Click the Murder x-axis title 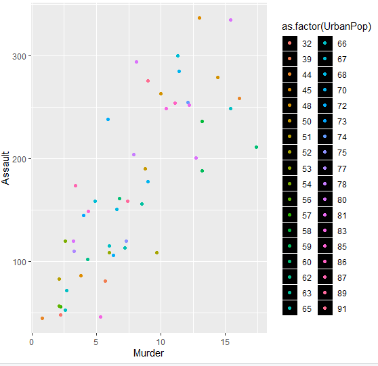(148, 352)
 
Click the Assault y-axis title (7, 168)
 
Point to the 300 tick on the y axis (20, 56)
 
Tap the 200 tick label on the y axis (20, 159)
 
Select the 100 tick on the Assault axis (20, 262)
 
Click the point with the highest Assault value (199, 18)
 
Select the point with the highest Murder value (256, 147)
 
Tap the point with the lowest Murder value (42, 318)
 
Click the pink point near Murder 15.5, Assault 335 (230, 20)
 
